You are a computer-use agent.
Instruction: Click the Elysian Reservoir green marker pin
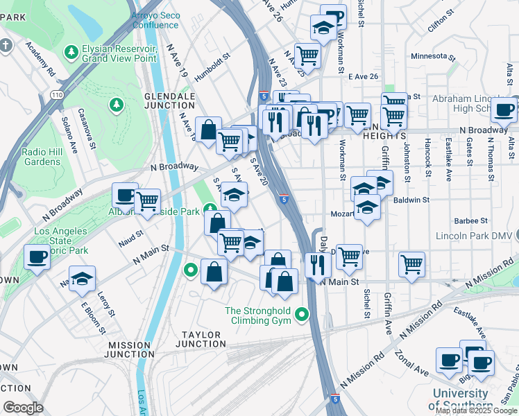pyautogui.click(x=71, y=52)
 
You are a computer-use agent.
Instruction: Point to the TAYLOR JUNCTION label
pyautogui.click(x=198, y=339)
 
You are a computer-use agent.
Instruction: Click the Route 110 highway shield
pyautogui.click(x=56, y=92)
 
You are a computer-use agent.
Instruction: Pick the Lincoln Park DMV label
pyautogui.click(x=477, y=236)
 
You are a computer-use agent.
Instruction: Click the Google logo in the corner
pyautogui.click(x=24, y=407)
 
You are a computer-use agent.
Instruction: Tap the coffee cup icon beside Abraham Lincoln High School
pyautogui.click(x=504, y=109)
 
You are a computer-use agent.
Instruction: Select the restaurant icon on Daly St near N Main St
pyautogui.click(x=317, y=265)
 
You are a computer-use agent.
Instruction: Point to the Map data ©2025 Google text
pyautogui.click(x=475, y=410)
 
